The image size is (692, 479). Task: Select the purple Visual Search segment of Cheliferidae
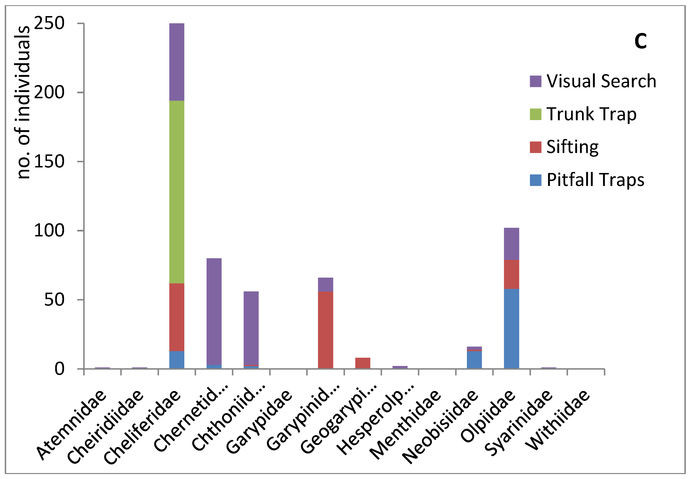(177, 62)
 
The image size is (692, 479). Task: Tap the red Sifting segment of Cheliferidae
(177, 317)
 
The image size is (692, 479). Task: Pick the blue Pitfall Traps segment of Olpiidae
(511, 329)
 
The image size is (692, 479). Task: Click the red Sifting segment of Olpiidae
(511, 274)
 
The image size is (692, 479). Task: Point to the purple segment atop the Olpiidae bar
(511, 244)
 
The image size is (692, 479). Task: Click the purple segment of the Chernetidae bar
(214, 311)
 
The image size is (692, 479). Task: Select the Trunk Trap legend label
(591, 114)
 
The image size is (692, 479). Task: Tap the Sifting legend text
(572, 147)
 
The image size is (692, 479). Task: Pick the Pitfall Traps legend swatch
(535, 180)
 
